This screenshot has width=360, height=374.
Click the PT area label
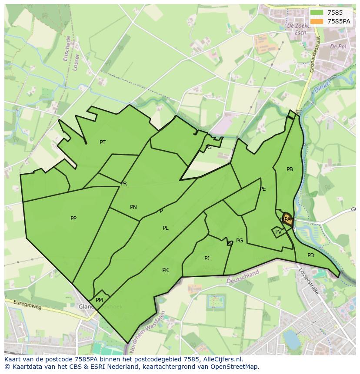point(103,142)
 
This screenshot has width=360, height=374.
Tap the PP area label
point(73,218)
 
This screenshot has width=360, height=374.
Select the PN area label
point(133,207)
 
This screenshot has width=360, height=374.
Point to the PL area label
point(166,228)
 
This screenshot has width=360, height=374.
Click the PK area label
point(165,270)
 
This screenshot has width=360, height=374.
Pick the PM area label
point(99,300)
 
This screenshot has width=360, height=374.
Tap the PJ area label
point(207,258)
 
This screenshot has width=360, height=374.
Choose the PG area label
point(240,241)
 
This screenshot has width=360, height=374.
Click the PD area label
point(310,255)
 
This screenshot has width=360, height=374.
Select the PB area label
point(290,169)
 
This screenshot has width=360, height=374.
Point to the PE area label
point(263,189)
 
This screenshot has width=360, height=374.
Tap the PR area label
point(124,184)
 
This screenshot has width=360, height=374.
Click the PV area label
point(278,232)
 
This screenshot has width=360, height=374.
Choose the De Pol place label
point(337,46)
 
